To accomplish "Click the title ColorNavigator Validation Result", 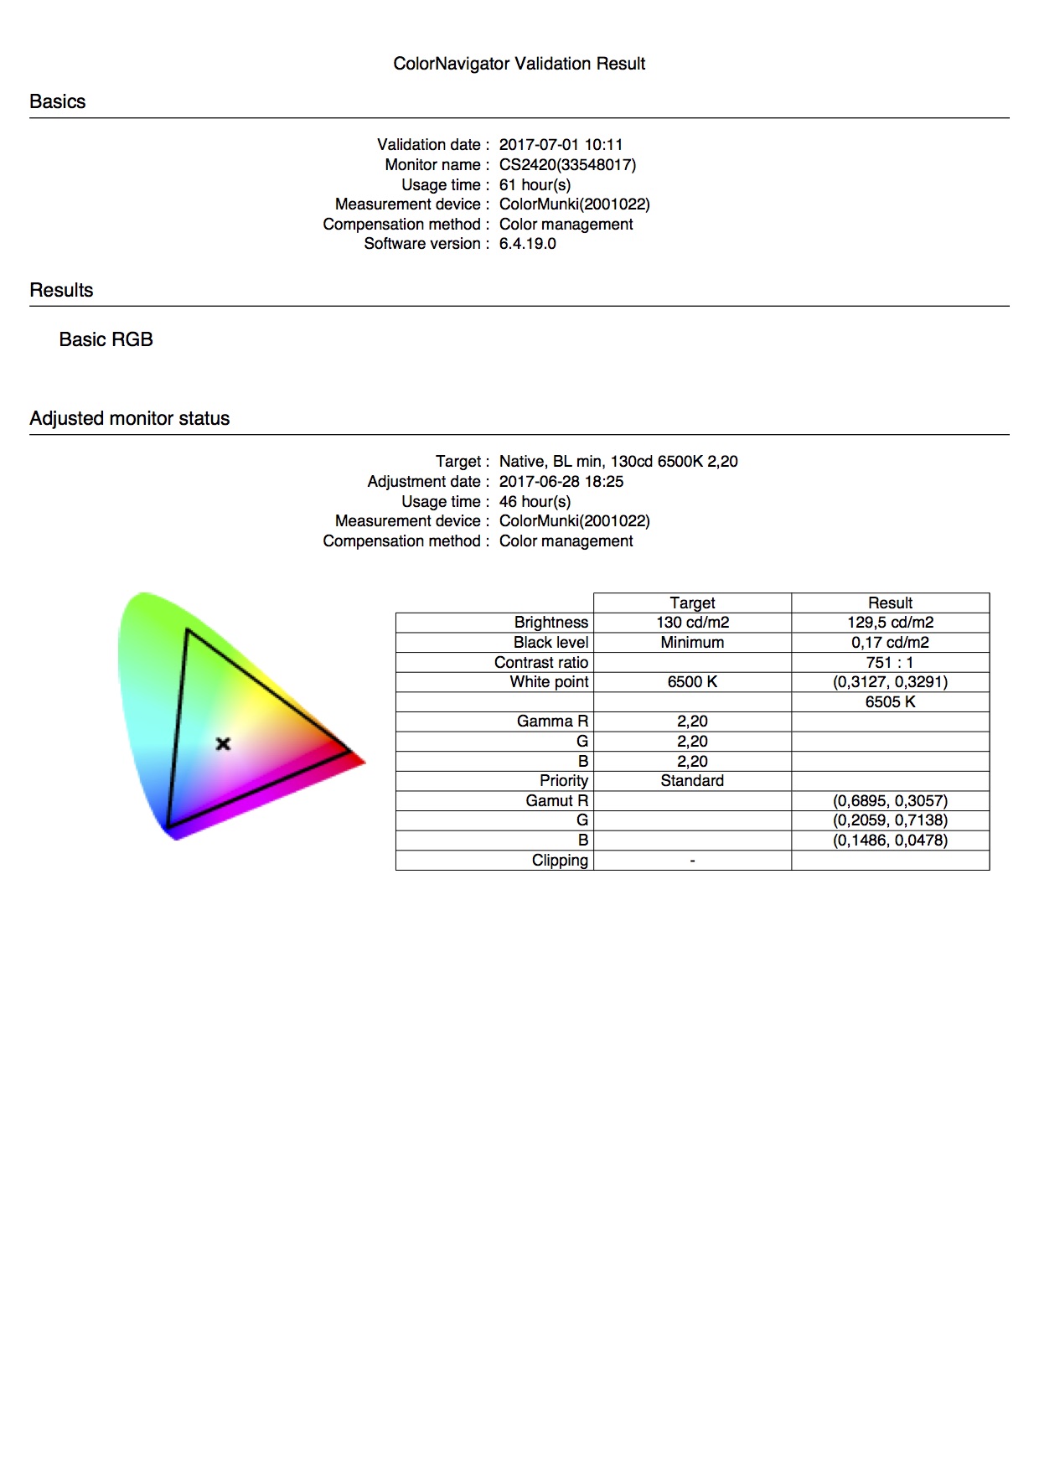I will click(x=519, y=64).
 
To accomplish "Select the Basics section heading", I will click(x=57, y=101).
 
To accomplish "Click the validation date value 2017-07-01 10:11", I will click(x=561, y=144).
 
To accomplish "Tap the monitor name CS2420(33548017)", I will click(x=567, y=164).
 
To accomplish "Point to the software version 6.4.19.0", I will click(x=527, y=244).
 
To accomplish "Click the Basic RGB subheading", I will click(x=106, y=339).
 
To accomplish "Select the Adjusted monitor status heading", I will click(x=129, y=418).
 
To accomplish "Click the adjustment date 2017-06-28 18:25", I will click(x=561, y=481).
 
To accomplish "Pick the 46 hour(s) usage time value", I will click(x=535, y=501).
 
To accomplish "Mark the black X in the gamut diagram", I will click(x=223, y=743).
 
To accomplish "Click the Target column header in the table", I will click(x=692, y=603).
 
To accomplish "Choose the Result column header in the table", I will click(x=890, y=603).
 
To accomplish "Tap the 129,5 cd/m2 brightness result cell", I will click(x=890, y=623).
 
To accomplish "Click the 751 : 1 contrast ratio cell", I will click(x=890, y=662).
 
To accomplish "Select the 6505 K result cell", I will click(x=890, y=701).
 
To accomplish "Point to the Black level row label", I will click(x=551, y=642).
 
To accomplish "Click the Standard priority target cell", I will click(x=692, y=780).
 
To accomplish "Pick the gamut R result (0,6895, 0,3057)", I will click(x=890, y=800).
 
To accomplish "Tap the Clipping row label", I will click(x=560, y=860).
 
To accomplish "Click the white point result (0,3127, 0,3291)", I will click(x=890, y=681).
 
